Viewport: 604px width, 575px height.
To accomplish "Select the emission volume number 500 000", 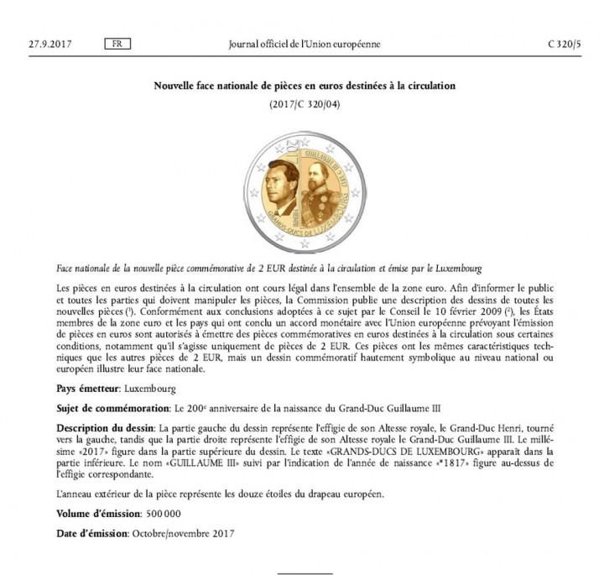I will pos(159,513).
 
